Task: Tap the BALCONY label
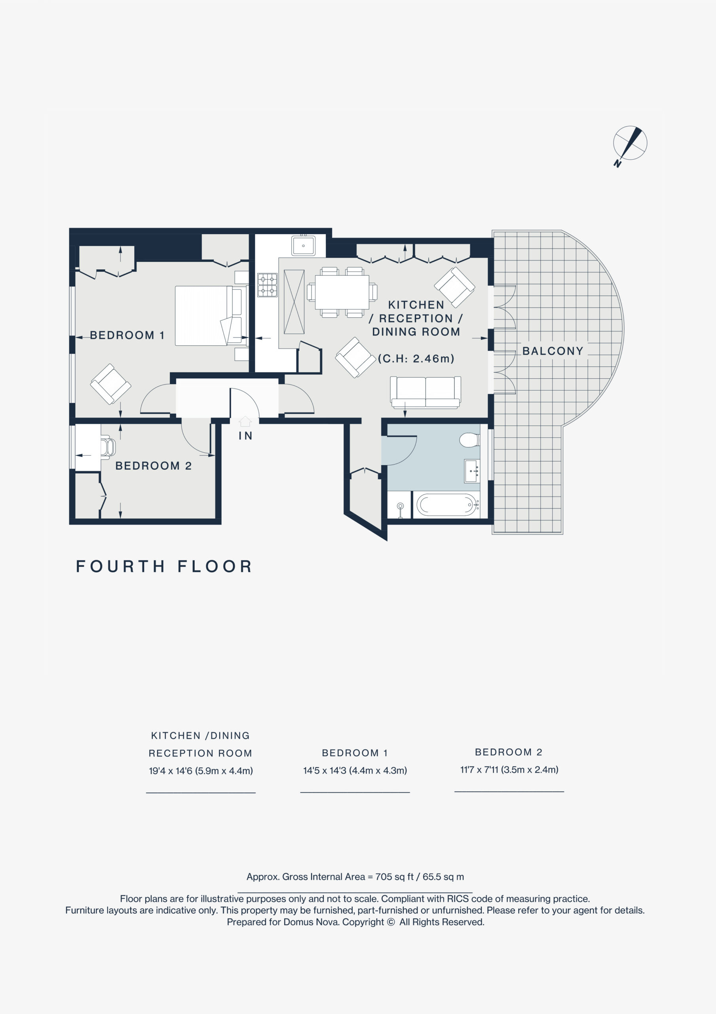tap(553, 351)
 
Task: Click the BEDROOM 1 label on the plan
tap(127, 335)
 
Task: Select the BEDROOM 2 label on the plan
tap(153, 466)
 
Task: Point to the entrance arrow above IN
tap(245, 421)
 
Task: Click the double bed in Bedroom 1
tap(211, 316)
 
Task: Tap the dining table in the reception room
tap(342, 292)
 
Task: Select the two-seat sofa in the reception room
tap(425, 392)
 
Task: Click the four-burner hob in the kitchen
tap(268, 285)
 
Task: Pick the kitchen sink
tap(303, 246)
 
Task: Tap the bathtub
tap(446, 505)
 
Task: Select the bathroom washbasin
tap(472, 471)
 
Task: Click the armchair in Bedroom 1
tap(110, 384)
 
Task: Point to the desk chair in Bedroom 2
tap(108, 447)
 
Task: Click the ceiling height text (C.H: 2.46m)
tap(416, 358)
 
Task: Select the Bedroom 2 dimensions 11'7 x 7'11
tap(509, 770)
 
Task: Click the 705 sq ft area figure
tap(395, 877)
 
